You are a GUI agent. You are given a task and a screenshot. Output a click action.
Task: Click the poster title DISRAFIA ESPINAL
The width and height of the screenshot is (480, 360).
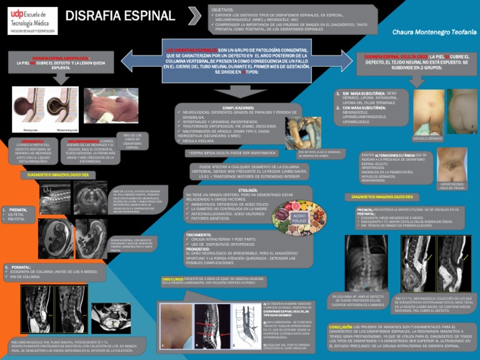click(120, 16)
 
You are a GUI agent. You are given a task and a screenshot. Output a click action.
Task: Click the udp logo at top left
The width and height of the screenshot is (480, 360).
click(29, 20)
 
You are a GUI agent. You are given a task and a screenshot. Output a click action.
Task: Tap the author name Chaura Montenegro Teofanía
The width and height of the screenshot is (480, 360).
click(431, 31)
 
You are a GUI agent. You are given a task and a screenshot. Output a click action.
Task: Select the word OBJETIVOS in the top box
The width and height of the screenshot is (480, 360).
click(223, 9)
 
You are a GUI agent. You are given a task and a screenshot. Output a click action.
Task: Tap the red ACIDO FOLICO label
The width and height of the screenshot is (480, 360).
click(299, 218)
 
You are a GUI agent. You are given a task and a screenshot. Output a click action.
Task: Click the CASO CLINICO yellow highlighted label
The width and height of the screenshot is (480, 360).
click(172, 279)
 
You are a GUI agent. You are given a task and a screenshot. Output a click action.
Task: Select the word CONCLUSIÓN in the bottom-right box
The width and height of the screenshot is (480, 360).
click(341, 327)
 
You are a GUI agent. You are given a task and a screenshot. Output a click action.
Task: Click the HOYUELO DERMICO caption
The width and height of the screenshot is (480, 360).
click(427, 138)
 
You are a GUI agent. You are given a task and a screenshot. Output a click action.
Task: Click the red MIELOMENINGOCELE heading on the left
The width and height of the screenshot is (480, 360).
click(82, 141)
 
